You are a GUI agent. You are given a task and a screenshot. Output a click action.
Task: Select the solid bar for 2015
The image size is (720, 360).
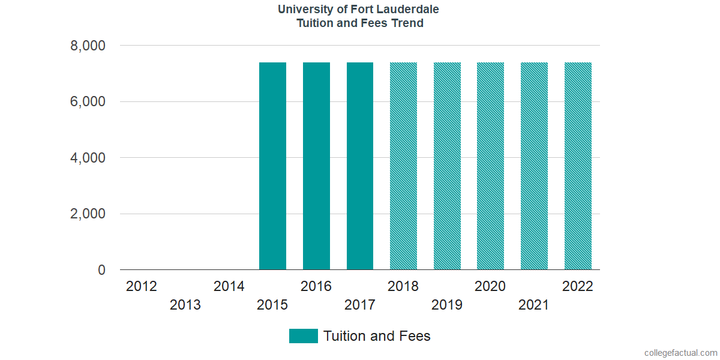tap(272, 166)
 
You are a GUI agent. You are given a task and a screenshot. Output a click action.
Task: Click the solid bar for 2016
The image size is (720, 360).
tap(316, 166)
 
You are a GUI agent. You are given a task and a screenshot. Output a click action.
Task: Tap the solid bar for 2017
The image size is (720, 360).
tap(360, 166)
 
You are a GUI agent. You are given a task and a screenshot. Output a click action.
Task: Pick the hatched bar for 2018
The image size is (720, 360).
tap(403, 166)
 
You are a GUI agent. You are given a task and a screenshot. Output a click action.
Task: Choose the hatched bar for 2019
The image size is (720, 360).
tap(447, 166)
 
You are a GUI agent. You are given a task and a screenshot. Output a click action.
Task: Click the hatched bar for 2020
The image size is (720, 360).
tap(490, 166)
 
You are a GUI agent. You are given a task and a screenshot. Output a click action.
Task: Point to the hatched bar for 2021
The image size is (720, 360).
tap(534, 166)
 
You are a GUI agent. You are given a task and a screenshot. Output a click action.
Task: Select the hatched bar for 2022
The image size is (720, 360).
tap(578, 166)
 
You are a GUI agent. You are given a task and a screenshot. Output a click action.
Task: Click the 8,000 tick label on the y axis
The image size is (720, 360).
tap(88, 46)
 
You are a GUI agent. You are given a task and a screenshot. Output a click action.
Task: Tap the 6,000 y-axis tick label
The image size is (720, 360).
tap(88, 102)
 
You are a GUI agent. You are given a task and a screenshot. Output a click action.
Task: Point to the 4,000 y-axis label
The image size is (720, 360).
tap(88, 158)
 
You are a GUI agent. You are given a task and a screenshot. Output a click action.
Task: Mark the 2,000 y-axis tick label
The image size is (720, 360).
tap(88, 214)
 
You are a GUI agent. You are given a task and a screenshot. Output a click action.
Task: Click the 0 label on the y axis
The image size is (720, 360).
tap(101, 271)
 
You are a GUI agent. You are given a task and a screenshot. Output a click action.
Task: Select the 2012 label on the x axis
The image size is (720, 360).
tap(142, 286)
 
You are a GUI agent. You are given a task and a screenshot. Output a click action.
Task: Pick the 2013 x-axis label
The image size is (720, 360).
tap(185, 305)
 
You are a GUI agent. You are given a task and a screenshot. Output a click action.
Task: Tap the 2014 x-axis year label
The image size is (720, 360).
tap(229, 286)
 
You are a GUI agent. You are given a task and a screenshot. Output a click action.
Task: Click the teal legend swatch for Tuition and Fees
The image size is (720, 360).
tap(303, 336)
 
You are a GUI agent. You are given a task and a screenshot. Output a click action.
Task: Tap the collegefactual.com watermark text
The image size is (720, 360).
tap(680, 353)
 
